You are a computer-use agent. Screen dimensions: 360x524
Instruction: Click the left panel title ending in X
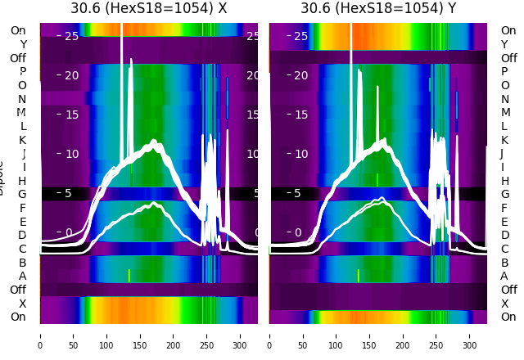(x=148, y=8)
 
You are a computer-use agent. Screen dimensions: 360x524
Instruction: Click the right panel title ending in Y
(x=378, y=8)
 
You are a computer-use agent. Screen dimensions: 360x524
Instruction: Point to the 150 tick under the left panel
(x=140, y=335)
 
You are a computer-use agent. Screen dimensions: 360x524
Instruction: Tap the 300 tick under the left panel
(x=240, y=335)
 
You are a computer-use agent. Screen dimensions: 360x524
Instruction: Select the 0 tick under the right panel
(x=269, y=335)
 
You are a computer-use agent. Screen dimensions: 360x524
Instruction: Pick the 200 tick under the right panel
(x=403, y=335)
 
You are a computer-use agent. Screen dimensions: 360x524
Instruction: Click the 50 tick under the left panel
(x=73, y=335)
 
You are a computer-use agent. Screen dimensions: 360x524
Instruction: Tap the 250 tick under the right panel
(x=436, y=335)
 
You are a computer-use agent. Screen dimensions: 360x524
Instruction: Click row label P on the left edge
(x=22, y=71)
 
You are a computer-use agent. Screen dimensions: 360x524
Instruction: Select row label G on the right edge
(x=504, y=194)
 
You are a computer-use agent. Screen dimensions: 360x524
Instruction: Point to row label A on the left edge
(x=22, y=276)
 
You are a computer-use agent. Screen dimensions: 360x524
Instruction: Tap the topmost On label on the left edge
(x=17, y=30)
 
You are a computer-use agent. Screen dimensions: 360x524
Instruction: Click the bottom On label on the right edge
(x=508, y=317)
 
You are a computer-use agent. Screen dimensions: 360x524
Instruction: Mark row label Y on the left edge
(x=23, y=44)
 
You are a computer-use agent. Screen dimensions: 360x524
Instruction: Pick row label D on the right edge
(x=504, y=235)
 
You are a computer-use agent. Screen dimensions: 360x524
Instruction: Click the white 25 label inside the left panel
(x=71, y=36)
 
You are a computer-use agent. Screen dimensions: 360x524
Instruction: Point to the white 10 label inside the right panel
(x=300, y=154)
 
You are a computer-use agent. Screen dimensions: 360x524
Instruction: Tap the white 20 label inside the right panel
(x=300, y=75)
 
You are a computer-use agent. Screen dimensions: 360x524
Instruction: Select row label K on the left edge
(x=22, y=140)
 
